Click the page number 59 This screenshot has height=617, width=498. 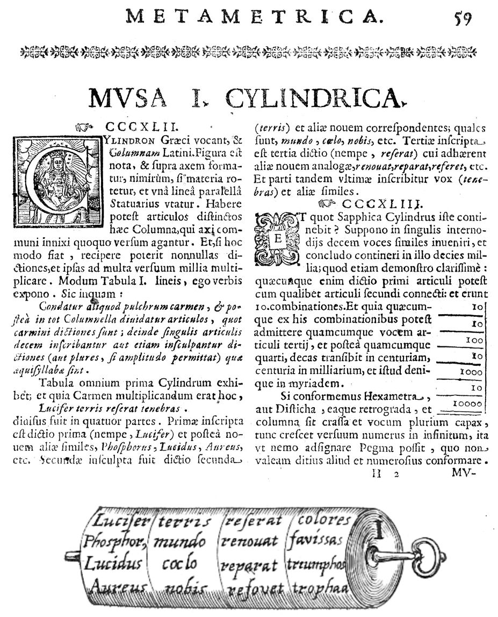[x=462, y=18]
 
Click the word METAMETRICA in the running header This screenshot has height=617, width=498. [x=255, y=17]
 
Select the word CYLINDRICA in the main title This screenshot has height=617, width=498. [x=314, y=98]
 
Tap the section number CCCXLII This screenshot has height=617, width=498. [x=140, y=127]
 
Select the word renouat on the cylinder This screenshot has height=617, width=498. [x=249, y=542]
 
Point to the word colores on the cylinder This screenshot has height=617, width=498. [x=323, y=520]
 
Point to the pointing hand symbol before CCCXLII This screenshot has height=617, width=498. [x=85, y=127]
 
